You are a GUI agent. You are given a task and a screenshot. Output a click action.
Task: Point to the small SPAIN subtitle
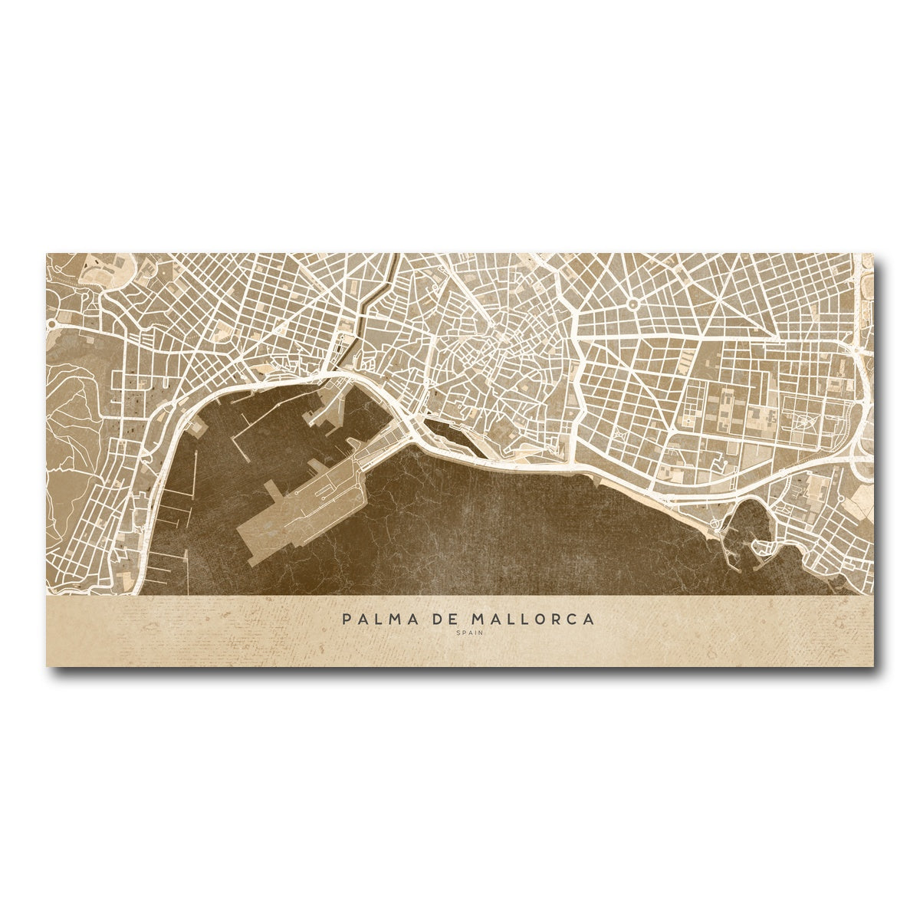pos(467,633)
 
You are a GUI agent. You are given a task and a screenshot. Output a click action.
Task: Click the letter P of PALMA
pos(347,619)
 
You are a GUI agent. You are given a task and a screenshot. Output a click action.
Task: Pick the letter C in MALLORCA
pos(571,619)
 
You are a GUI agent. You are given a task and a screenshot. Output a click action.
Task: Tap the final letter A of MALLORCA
pos(588,619)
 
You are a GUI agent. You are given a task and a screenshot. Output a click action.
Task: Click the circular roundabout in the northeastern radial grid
pos(632,304)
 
